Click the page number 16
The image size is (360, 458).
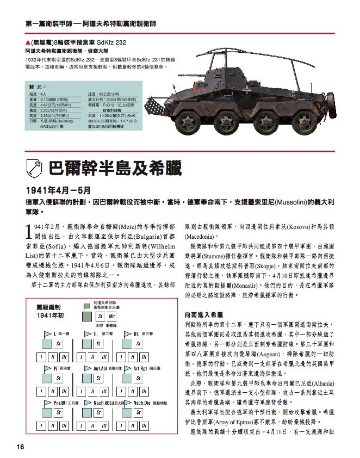tap(20, 447)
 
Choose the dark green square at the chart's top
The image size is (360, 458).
tap(86, 306)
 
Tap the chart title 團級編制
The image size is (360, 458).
tap(46, 307)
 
